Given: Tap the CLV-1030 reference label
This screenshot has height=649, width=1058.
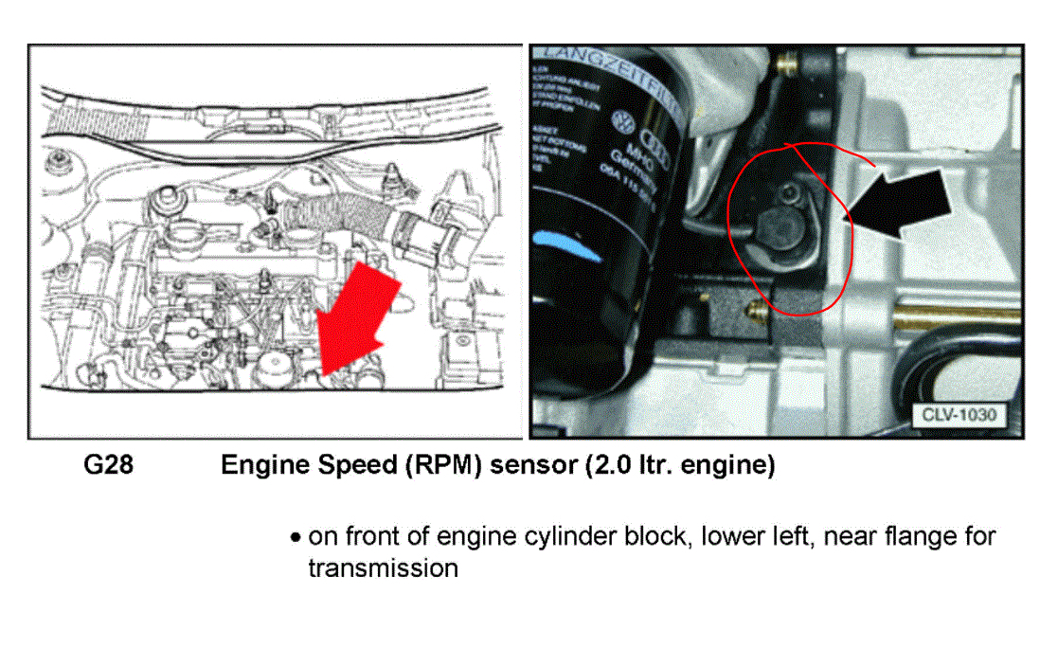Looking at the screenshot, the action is [957, 413].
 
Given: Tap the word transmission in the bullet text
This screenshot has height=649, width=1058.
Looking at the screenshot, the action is [383, 569].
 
